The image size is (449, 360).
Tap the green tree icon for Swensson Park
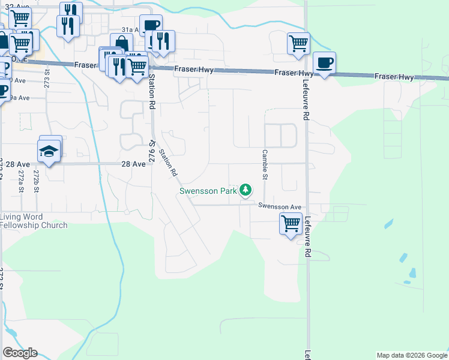click(245, 190)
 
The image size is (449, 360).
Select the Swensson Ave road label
click(279, 206)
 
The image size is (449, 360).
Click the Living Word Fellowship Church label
click(34, 221)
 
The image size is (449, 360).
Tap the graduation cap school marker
click(49, 151)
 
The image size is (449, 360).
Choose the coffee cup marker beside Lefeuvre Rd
click(324, 63)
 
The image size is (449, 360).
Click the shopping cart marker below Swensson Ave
click(291, 224)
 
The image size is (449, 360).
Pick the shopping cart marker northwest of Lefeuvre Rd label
click(298, 43)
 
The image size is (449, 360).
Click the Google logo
click(20, 353)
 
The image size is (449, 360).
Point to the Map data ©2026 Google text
click(412, 355)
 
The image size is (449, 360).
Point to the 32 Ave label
click(16, 5)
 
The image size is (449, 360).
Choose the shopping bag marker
click(121, 43)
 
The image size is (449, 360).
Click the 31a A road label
click(130, 29)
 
